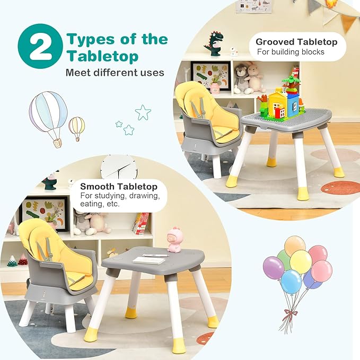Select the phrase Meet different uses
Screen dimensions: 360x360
pyautogui.click(x=115, y=72)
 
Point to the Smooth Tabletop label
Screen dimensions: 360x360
pyautogui.click(x=119, y=187)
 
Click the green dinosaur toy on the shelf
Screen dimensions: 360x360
pyautogui.click(x=214, y=43)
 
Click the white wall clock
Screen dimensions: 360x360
pyautogui.click(x=119, y=167)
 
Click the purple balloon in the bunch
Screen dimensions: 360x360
pyautogui.click(x=274, y=267)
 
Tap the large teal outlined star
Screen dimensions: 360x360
pyautogui.click(x=143, y=112)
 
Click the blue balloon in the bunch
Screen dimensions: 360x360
pyautogui.click(x=291, y=281)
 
